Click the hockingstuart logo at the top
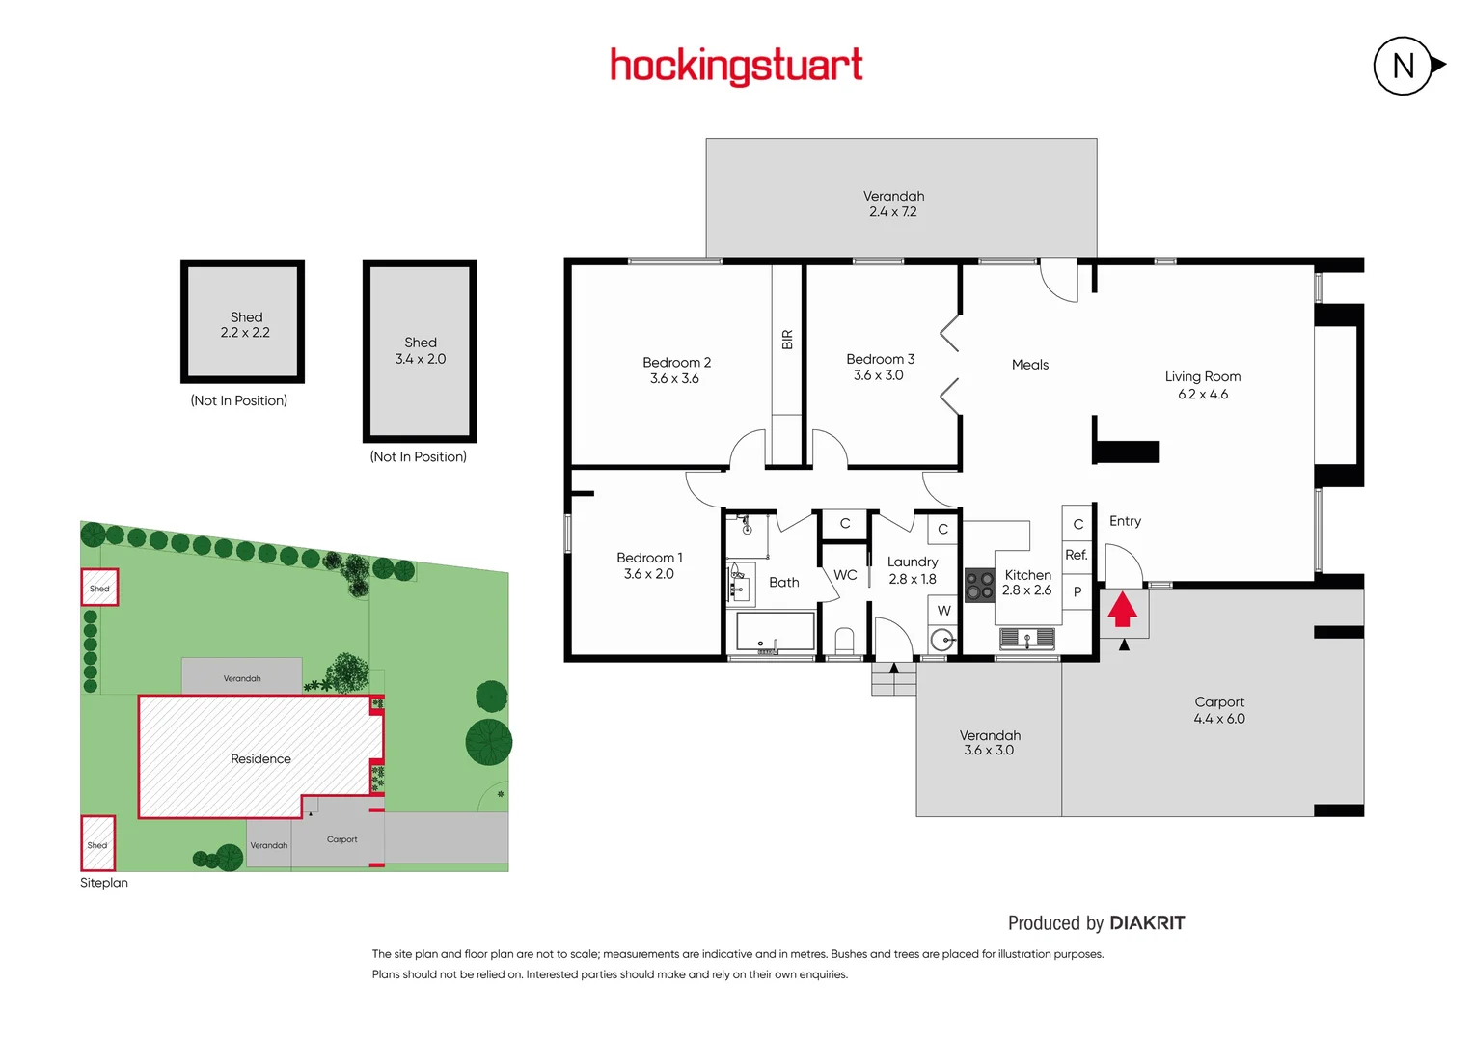[736, 66]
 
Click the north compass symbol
[1404, 66]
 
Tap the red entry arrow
[1122, 610]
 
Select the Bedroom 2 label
[676, 363]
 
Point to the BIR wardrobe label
[787, 340]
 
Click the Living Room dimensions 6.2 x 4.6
[1203, 395]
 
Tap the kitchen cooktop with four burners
[980, 586]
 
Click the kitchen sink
[1027, 638]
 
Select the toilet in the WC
[844, 642]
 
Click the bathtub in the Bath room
[776, 633]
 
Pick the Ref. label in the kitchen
[1077, 555]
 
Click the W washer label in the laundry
[943, 611]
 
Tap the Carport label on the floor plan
[1219, 702]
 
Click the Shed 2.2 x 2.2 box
[243, 321]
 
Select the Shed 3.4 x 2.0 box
[420, 350]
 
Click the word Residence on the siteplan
[260, 759]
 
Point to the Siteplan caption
[104, 883]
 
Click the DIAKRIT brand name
[1147, 923]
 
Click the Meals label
[1029, 365]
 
